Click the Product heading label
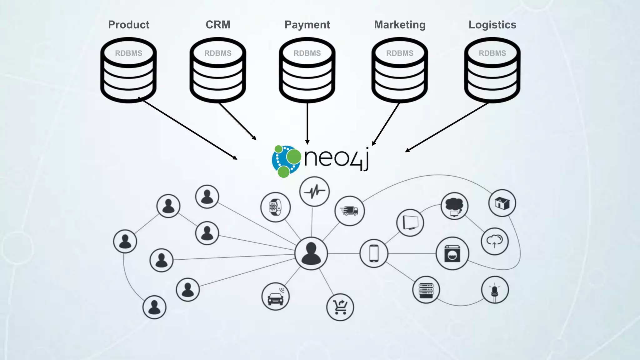click(128, 25)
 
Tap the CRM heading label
click(218, 25)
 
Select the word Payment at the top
click(307, 25)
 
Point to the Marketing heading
click(400, 25)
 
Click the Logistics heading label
click(492, 25)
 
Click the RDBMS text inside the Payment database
click(307, 53)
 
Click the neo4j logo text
click(336, 158)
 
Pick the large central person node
click(311, 253)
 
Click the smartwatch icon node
click(275, 207)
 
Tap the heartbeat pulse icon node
click(314, 191)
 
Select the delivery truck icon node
click(349, 211)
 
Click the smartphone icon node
click(374, 253)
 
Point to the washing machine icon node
click(452, 253)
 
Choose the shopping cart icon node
click(340, 307)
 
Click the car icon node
click(275, 297)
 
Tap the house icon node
click(502, 203)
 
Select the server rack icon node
click(426, 290)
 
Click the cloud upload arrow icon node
click(494, 241)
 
